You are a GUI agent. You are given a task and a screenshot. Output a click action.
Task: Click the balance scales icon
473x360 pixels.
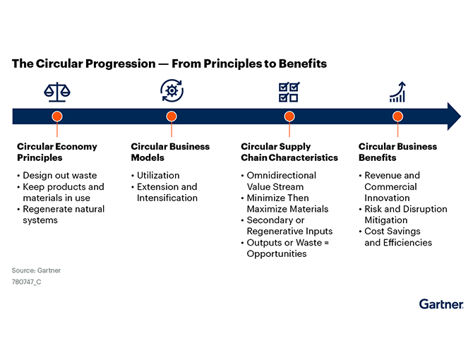(x=57, y=92)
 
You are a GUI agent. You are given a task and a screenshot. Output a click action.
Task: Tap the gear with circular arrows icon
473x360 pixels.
(x=172, y=90)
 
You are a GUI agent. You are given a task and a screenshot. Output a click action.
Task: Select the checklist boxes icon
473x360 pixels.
(x=289, y=92)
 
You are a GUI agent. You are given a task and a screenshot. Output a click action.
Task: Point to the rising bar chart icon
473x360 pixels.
(x=397, y=92)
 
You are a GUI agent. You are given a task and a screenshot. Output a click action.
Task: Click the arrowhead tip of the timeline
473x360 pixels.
(x=460, y=116)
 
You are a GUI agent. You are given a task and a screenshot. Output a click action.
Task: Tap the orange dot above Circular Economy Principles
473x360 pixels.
(x=57, y=116)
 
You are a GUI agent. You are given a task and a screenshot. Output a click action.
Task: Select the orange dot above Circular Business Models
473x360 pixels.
(x=172, y=116)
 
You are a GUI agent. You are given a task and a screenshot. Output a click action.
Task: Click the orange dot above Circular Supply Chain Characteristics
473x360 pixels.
(x=289, y=116)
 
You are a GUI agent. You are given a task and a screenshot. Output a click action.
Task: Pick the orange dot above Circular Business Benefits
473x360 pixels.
(x=397, y=116)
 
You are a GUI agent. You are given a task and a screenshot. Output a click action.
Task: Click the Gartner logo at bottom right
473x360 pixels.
(x=441, y=304)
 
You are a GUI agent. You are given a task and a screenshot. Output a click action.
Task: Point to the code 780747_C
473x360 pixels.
(x=27, y=282)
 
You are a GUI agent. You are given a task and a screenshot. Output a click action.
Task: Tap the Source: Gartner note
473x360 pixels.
(x=36, y=270)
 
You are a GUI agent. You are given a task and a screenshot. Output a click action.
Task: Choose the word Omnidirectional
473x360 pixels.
(x=282, y=176)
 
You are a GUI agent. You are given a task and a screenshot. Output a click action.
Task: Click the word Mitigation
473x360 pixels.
(x=386, y=220)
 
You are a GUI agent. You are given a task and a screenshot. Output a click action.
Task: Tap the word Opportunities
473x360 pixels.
(x=277, y=254)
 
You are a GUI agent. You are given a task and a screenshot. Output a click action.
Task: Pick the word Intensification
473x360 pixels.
(x=167, y=198)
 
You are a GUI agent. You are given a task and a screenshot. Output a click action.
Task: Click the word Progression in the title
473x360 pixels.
(x=120, y=64)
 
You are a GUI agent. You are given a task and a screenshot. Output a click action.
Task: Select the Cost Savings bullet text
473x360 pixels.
(x=392, y=232)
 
